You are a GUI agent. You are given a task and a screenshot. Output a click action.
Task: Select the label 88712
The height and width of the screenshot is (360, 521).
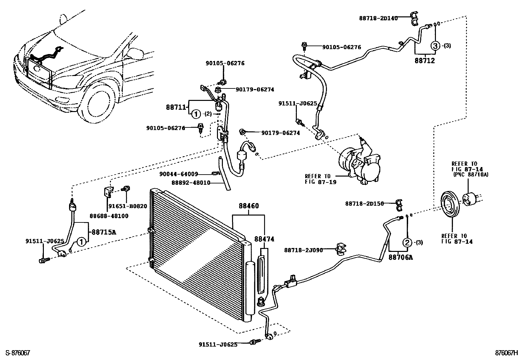click(425, 61)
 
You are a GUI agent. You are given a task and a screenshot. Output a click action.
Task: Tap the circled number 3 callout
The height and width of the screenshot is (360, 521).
click(435, 46)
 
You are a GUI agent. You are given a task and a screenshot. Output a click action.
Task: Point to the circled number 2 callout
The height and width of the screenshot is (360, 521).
click(407, 243)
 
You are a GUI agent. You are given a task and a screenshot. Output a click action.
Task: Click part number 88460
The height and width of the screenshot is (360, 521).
click(249, 206)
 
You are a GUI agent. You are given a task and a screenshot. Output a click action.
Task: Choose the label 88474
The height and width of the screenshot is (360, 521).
click(265, 239)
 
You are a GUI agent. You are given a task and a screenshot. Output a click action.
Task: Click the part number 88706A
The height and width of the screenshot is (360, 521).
click(401, 257)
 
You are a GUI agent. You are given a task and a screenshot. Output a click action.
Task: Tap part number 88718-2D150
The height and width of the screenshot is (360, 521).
click(364, 204)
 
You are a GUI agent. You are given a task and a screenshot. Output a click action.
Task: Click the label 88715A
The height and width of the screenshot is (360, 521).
click(104, 232)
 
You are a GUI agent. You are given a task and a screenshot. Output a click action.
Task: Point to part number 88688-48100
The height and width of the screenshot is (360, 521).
click(109, 216)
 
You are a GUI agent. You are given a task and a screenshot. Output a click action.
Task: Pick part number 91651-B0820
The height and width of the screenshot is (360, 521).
click(128, 206)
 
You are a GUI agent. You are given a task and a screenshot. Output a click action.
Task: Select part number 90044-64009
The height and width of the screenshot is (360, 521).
click(179, 174)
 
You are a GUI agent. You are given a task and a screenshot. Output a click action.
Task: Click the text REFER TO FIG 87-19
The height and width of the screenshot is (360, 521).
click(318, 179)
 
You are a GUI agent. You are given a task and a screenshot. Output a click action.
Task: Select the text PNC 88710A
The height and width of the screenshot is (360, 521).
click(470, 175)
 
